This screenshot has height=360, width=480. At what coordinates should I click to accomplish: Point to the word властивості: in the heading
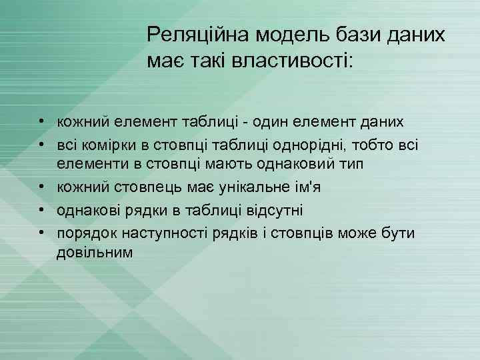point(294,61)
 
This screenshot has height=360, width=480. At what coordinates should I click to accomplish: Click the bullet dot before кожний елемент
point(41,121)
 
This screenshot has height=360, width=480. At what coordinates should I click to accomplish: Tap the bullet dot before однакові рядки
point(41,211)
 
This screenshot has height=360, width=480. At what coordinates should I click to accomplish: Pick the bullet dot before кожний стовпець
point(41,187)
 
